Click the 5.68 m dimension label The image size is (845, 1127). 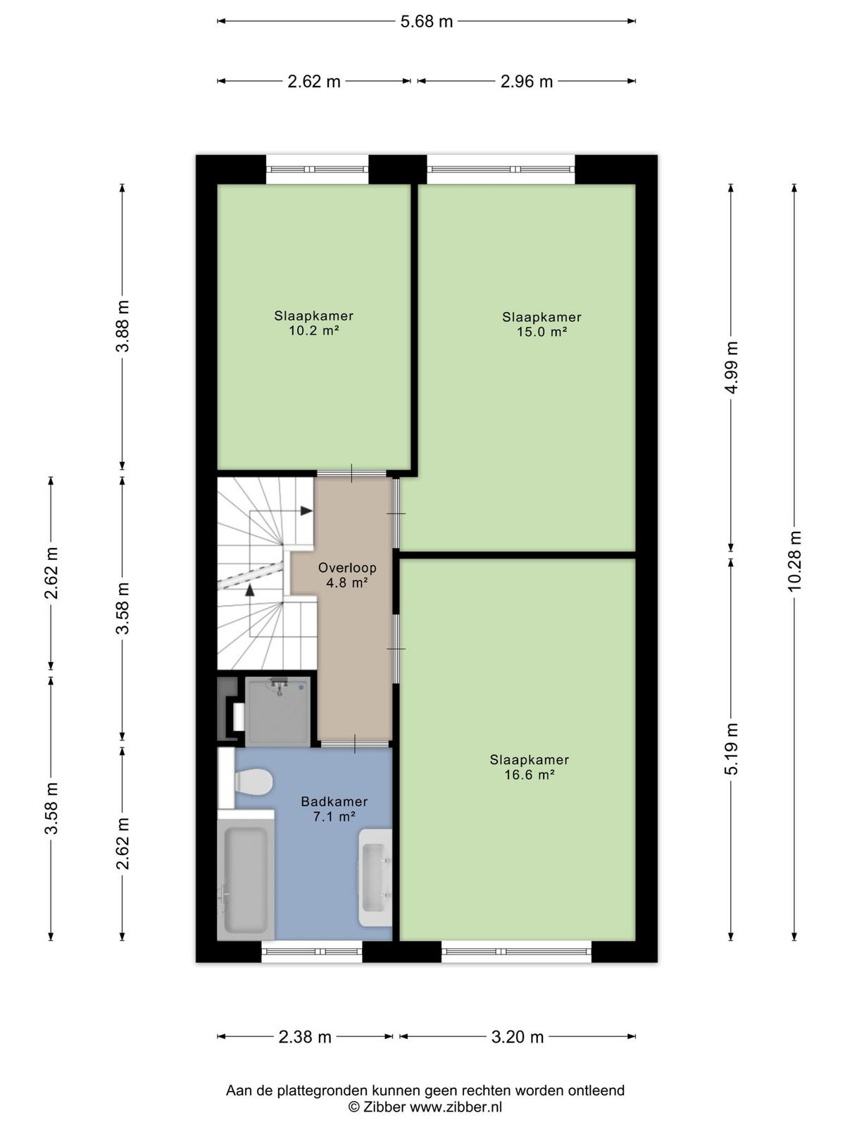pos(426,22)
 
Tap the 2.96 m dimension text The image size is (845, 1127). pos(527,82)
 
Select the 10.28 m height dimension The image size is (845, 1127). pos(794,561)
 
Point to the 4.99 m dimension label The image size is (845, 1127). pos(732,368)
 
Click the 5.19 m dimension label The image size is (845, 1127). pos(732,749)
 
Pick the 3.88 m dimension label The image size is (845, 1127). pos(122,326)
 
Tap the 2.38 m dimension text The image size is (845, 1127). pos(305,1037)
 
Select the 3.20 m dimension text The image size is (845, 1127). pos(517,1037)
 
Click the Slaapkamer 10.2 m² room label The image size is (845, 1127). pos(313,323)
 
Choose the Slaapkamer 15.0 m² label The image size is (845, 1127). pos(542,324)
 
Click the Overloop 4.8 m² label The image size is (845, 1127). pos(347,575)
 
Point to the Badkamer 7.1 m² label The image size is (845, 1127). pos(334,809)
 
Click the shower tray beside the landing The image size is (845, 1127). pos(277,711)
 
